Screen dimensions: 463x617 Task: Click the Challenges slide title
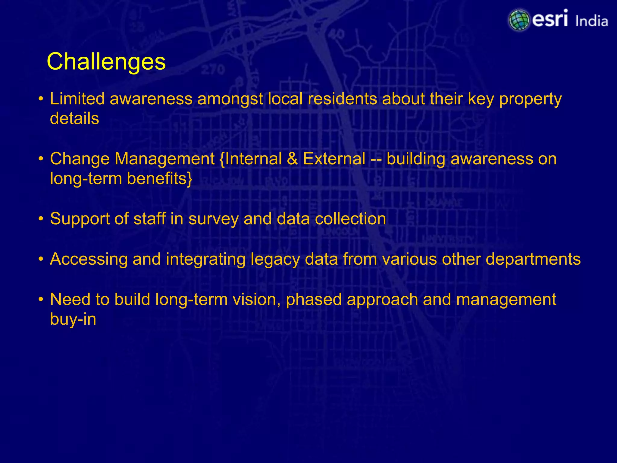pyautogui.click(x=106, y=62)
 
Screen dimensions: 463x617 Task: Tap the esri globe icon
pyautogui.click(x=519, y=20)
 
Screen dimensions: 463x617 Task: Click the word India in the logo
pyautogui.click(x=591, y=21)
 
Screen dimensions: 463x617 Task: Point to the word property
pyautogui.click(x=530, y=99)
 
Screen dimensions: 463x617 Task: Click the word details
pyautogui.click(x=74, y=118)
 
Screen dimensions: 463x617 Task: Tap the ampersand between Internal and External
pyautogui.click(x=292, y=159)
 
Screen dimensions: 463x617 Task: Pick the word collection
pyautogui.click(x=350, y=219)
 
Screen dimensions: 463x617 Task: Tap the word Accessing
pyautogui.click(x=89, y=259)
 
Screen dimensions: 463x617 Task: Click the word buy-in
pyautogui.click(x=73, y=319)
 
